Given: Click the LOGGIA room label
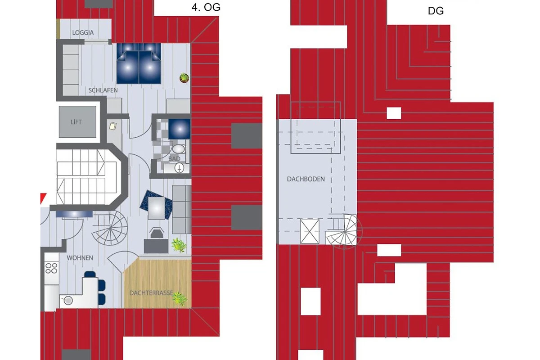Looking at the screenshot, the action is tap(83, 32).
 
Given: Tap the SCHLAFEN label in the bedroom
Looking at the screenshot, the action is tap(103, 90).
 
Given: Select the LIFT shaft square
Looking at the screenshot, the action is tap(77, 122).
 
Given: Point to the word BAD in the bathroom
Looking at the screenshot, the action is tap(174, 159).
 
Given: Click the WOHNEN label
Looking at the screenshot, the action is tap(80, 258).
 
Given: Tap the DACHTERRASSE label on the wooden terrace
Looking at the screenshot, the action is tap(151, 293).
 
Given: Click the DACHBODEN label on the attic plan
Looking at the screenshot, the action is tap(306, 179).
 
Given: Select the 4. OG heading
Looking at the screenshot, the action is tap(206, 7).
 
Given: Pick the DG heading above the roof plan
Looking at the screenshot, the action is tap(436, 11).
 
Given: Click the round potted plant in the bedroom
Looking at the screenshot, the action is tap(184, 78).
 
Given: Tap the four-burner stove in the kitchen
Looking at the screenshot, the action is tap(51, 268).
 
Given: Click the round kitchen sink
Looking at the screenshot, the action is tap(68, 301).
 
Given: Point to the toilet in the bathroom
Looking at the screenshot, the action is tap(179, 149).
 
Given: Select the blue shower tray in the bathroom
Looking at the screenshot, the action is tap(180, 129).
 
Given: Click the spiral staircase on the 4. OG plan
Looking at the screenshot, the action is tap(110, 228).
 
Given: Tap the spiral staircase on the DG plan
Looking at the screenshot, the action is tap(344, 231).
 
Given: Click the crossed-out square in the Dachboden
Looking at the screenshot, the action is tap(310, 231).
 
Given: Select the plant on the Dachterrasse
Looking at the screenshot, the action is tap(180, 298).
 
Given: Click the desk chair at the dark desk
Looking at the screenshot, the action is tap(157, 233).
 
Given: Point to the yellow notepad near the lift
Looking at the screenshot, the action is tap(113, 126).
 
